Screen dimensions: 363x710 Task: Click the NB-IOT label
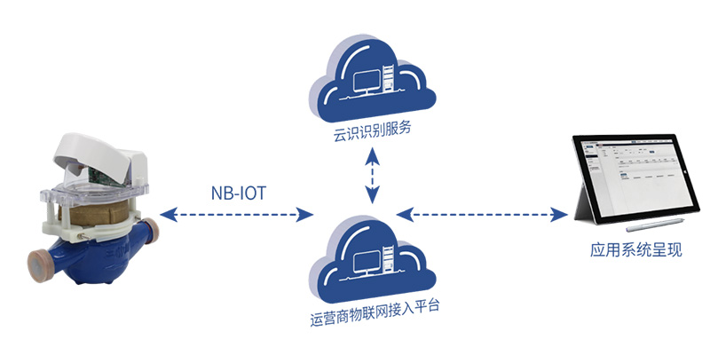pyautogui.click(x=238, y=193)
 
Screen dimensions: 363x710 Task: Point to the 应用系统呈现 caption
pyautogui.click(x=623, y=250)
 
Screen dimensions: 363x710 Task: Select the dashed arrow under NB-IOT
pyautogui.click(x=239, y=214)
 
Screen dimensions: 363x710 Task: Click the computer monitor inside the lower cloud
pyautogui.click(x=365, y=261)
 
